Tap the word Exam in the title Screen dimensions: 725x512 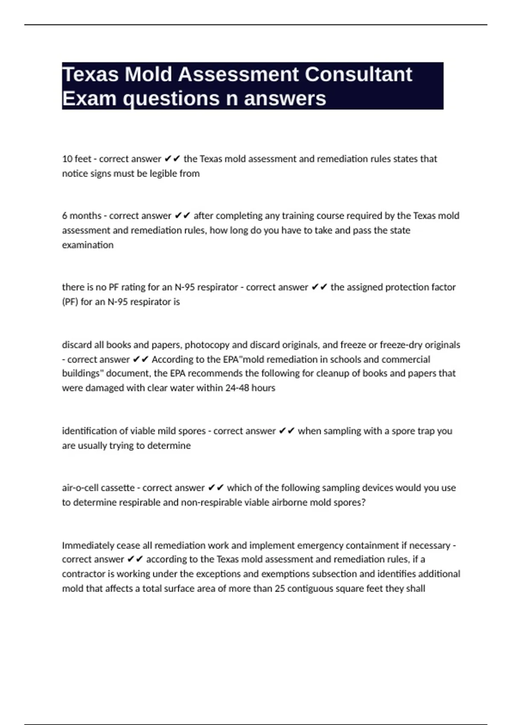click(x=89, y=99)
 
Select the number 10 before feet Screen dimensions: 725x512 click(x=67, y=159)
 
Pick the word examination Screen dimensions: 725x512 click(x=87, y=245)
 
